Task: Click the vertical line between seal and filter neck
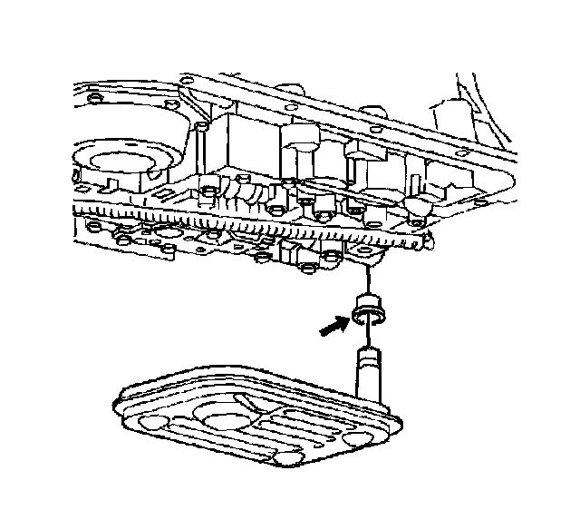tap(369, 335)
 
